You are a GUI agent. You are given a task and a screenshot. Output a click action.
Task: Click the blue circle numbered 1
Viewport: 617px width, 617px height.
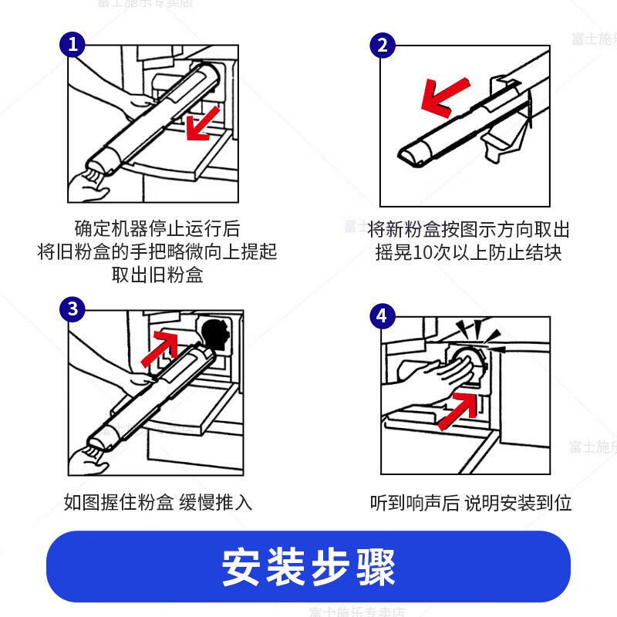click(x=72, y=45)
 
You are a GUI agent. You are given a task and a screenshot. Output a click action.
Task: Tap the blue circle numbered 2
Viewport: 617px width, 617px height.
click(x=383, y=46)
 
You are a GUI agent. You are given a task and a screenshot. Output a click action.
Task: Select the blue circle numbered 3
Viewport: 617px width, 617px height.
click(x=72, y=309)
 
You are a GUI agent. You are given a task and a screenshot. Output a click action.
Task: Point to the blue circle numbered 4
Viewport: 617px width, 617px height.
click(x=383, y=316)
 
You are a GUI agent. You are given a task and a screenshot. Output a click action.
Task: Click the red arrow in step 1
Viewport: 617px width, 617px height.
click(x=202, y=123)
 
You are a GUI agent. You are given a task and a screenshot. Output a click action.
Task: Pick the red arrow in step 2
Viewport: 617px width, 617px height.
click(x=444, y=97)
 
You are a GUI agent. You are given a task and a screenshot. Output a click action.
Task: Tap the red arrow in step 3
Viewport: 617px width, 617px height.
click(x=160, y=349)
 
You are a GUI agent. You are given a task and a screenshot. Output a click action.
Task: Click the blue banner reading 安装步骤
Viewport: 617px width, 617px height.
click(x=308, y=567)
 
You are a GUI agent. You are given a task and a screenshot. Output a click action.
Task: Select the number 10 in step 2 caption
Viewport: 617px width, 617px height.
click(x=423, y=253)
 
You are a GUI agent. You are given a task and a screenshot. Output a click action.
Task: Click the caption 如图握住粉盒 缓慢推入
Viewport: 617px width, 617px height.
click(x=158, y=503)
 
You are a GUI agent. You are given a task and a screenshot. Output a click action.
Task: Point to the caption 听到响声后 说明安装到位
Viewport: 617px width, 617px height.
click(x=470, y=504)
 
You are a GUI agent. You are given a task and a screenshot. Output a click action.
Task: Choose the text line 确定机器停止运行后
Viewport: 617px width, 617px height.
click(x=157, y=228)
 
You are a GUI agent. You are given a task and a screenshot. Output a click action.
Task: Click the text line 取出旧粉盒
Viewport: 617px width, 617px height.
click(x=157, y=275)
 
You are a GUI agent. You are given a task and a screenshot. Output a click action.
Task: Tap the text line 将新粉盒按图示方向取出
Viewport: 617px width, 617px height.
click(x=468, y=230)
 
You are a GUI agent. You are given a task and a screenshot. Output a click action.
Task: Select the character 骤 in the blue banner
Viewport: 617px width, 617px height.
click(x=376, y=568)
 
